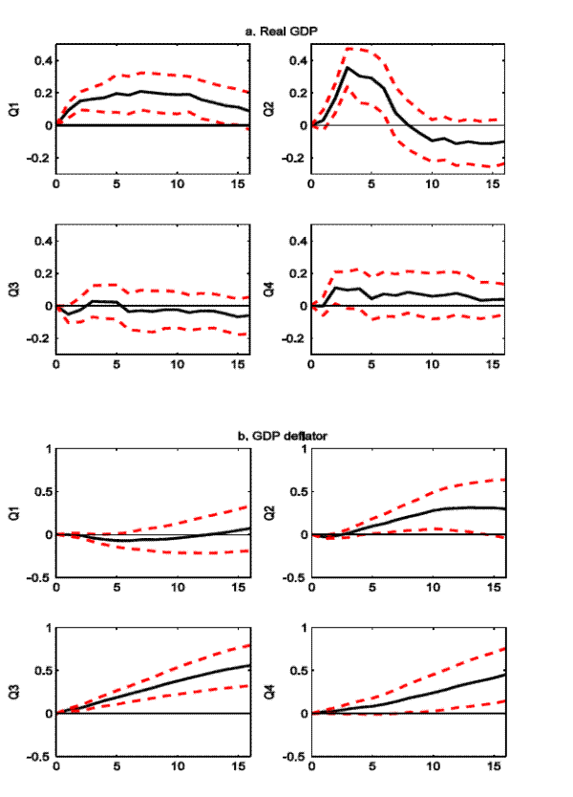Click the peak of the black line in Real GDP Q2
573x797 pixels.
click(x=349, y=68)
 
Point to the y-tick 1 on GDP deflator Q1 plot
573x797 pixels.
click(x=47, y=449)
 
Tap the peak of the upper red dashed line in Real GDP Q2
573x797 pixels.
click(x=349, y=48)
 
